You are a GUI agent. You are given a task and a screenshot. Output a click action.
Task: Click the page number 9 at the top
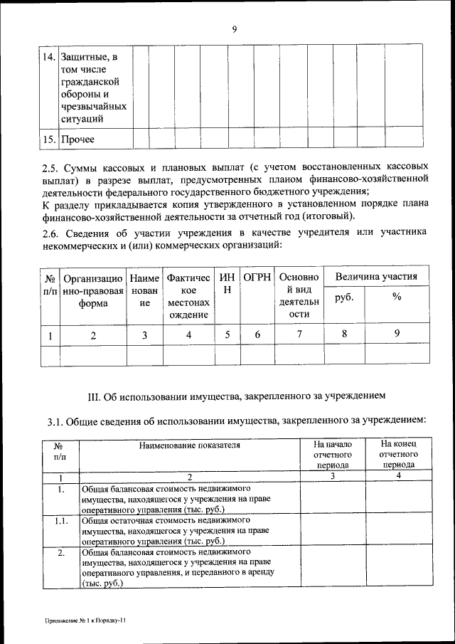click(x=233, y=29)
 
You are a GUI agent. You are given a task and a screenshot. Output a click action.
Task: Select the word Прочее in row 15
click(x=77, y=139)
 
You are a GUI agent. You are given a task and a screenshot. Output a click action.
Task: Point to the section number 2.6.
click(x=52, y=233)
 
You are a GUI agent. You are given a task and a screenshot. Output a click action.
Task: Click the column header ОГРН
click(x=257, y=277)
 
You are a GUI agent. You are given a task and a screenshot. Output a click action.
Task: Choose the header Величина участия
click(x=376, y=276)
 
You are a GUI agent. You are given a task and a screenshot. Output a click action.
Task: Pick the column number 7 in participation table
click(x=299, y=334)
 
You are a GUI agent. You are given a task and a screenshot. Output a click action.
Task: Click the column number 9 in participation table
click(x=397, y=334)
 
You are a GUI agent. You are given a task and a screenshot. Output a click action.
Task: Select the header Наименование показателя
click(x=189, y=446)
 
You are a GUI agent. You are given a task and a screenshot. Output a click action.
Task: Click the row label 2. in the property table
click(x=62, y=552)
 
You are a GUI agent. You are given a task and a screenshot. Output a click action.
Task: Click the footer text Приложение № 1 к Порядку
click(x=85, y=621)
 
